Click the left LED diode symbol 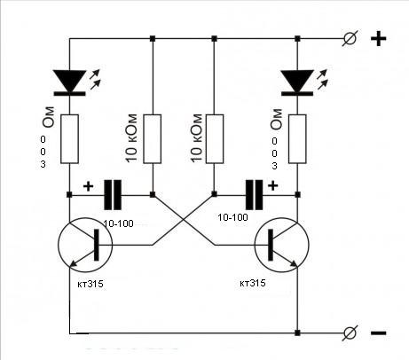(x=70, y=82)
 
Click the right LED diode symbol (x=297, y=82)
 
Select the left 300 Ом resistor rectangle (x=70, y=139)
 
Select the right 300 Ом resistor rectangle (x=297, y=139)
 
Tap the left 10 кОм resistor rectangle (x=153, y=139)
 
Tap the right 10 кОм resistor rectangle (x=215, y=139)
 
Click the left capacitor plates (x=113, y=194)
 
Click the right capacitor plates (x=254, y=194)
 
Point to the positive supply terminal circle (x=350, y=38)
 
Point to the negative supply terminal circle (x=350, y=333)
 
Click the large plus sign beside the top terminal (x=379, y=39)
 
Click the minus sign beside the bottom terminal (x=379, y=333)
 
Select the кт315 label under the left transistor (x=90, y=284)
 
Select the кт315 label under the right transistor (x=253, y=283)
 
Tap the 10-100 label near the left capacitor (x=119, y=223)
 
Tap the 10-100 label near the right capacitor (x=232, y=217)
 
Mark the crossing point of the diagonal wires (x=184, y=220)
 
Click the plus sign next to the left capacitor (x=88, y=186)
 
